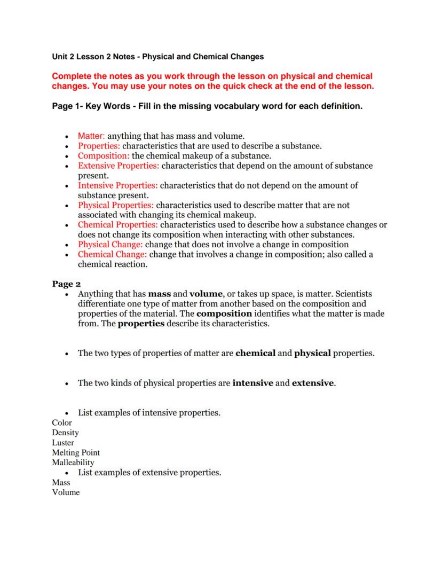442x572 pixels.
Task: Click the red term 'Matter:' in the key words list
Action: [x=91, y=136]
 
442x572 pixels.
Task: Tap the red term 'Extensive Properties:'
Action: [x=119, y=166]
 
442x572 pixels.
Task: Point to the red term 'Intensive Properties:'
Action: [x=117, y=185]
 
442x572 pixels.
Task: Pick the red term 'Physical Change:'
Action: [x=111, y=245]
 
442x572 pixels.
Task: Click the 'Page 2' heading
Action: [x=66, y=284]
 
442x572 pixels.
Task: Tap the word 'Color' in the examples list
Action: [x=62, y=422]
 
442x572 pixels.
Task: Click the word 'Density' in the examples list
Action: [x=65, y=433]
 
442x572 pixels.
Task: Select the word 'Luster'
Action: [x=63, y=443]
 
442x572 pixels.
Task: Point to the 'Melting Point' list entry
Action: [x=76, y=452]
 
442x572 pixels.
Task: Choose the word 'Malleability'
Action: [x=73, y=463]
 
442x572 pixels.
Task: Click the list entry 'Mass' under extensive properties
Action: [x=61, y=482]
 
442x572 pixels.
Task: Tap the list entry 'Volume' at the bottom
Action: [x=66, y=492]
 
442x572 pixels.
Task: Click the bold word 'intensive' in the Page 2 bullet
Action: [x=252, y=383]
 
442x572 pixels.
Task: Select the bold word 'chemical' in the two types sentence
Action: [x=255, y=353]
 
